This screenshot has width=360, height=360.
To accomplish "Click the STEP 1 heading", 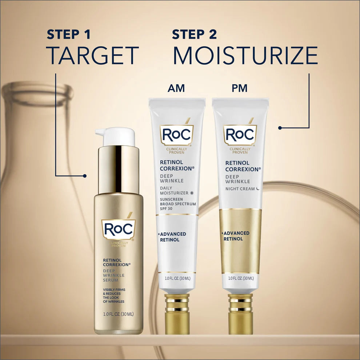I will click(68, 35).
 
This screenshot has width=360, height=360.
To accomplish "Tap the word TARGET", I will click(93, 55).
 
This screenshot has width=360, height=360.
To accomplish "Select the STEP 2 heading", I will click(194, 35).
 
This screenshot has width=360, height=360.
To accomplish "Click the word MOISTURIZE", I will click(245, 55).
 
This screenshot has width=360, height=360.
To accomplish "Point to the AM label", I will click(176, 88).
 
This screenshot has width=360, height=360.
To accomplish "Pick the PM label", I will click(240, 88).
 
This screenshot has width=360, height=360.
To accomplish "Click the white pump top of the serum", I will click(116, 136).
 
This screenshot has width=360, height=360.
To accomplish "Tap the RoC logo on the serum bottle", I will click(118, 229).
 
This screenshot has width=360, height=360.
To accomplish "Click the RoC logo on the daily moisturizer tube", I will click(177, 135).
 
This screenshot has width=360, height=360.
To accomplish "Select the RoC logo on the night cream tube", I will click(240, 135).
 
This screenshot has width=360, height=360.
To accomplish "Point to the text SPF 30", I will click(167, 209).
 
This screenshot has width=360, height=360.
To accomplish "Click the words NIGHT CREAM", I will click(240, 189).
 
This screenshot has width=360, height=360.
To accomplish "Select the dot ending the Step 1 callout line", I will click(85, 176).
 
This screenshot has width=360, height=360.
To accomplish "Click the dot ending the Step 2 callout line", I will click(280, 128).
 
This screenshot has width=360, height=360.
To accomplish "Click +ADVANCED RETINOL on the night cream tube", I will click(236, 236).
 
